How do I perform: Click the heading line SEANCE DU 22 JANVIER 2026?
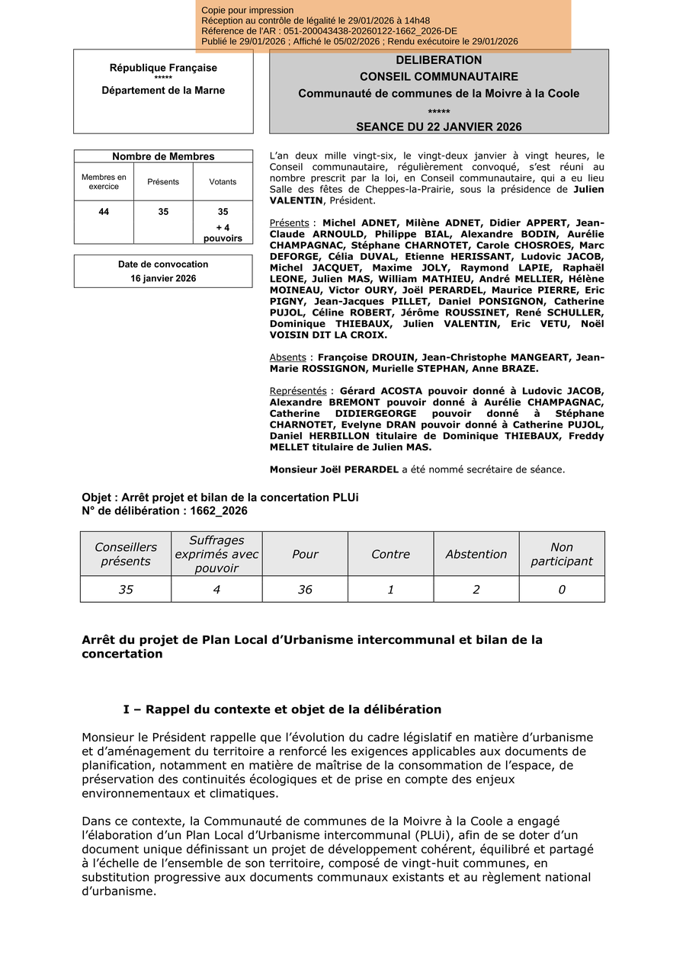pos(438,126)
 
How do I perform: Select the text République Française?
pos(163,68)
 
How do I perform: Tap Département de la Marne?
pos(163,90)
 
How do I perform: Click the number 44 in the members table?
pos(104,212)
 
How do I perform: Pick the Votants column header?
pos(223,182)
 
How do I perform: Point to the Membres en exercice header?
pos(104,182)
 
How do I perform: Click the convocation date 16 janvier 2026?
pos(163,278)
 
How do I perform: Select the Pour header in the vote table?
pos(305,554)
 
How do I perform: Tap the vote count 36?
pos(305,589)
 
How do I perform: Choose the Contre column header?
pos(390,554)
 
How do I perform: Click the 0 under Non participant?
pos(562,589)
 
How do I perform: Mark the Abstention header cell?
pos(476,554)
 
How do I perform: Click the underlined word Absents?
pos(288,357)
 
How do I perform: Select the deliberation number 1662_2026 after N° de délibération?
pos(214,511)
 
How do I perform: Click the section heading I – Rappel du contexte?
pos(282,709)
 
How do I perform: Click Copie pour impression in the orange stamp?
pos(248,10)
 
